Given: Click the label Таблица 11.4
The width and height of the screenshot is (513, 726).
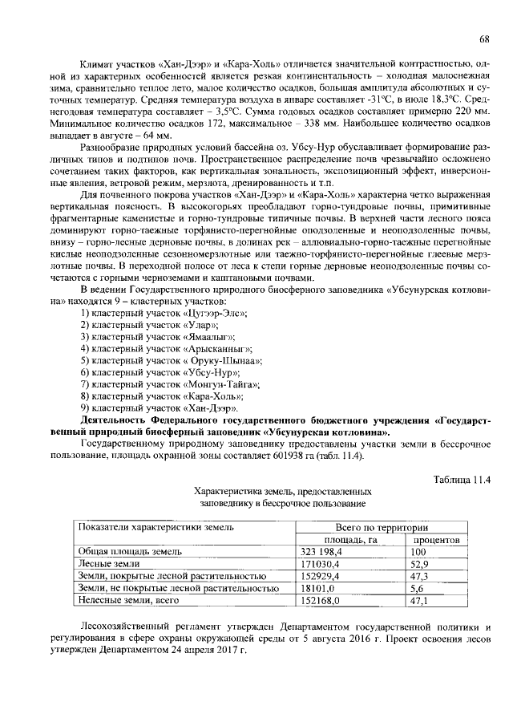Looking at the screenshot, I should (461, 480).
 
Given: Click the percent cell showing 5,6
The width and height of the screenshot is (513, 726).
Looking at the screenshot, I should (416, 588).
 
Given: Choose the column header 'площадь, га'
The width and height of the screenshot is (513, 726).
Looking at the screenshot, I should (345, 541).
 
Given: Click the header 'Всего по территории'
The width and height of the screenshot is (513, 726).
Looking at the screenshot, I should (381, 528).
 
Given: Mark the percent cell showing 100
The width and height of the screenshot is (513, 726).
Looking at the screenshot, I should (418, 553).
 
